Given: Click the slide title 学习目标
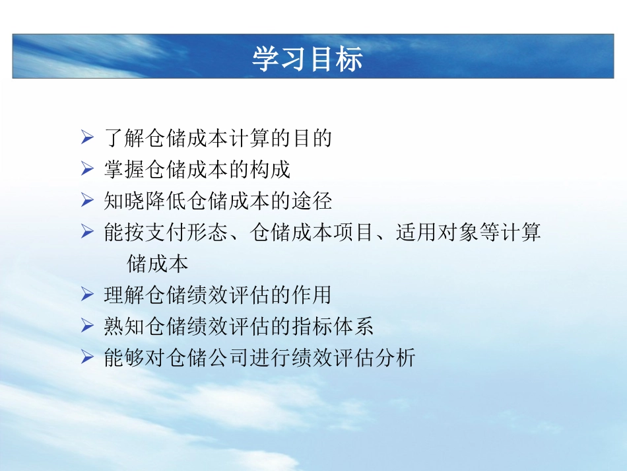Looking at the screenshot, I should (x=308, y=58).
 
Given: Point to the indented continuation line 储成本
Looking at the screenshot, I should (x=157, y=264).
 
